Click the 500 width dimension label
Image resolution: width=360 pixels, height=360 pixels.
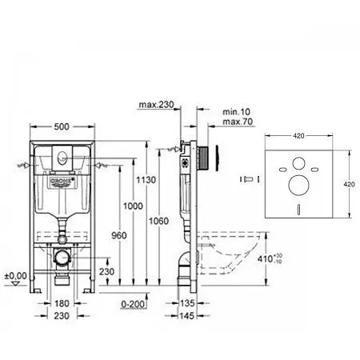click(x=61, y=126)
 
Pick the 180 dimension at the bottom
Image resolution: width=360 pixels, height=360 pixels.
click(x=62, y=304)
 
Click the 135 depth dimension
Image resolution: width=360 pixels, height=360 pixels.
click(x=188, y=304)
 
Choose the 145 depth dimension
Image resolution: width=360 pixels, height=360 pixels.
click(x=188, y=317)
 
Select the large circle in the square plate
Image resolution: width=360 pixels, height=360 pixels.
click(x=298, y=186)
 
